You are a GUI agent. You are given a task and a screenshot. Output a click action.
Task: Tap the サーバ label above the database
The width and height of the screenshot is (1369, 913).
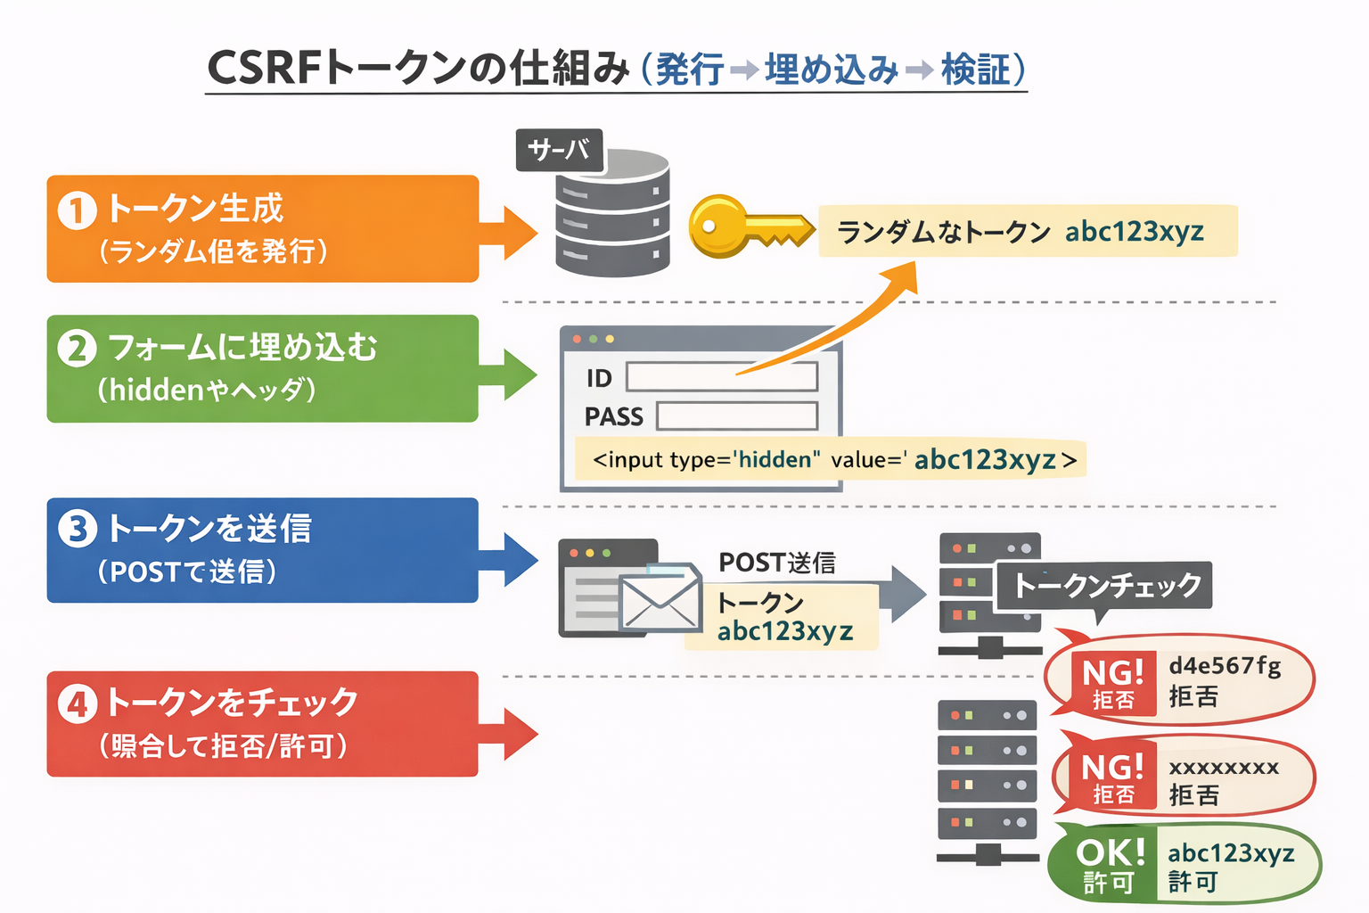coord(559,150)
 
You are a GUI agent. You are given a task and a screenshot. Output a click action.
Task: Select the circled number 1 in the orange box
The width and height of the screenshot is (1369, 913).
coord(78,210)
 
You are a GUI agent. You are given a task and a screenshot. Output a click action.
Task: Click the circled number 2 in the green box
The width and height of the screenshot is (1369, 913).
coord(78,349)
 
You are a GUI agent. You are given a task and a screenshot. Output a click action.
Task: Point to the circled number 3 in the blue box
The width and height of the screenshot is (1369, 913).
coord(78,529)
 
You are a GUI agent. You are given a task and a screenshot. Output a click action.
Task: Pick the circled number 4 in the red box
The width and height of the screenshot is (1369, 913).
coord(78,704)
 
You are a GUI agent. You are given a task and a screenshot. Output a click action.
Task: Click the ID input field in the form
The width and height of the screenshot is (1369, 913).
coord(721,377)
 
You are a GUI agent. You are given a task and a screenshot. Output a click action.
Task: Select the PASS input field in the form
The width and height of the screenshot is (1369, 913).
coord(736,416)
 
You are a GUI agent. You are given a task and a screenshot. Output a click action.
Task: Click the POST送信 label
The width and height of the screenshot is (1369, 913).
coord(776,563)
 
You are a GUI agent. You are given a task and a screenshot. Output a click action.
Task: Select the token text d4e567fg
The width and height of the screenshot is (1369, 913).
coord(1225,665)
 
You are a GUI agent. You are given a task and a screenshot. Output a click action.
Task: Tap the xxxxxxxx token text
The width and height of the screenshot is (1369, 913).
coord(1224,767)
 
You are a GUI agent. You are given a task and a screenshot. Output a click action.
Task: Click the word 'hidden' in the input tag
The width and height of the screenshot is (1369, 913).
coord(775,460)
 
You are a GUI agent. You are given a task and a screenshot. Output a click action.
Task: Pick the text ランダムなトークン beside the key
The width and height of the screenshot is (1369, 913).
coord(943,233)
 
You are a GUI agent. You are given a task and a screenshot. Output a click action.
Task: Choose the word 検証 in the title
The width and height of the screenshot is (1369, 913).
coord(976,70)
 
